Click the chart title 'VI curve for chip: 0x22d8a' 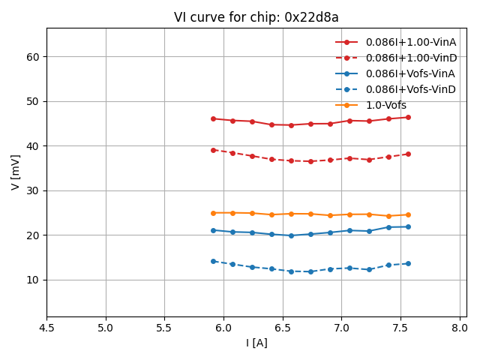(x=256, y=17)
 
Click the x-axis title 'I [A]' (x=256, y=343)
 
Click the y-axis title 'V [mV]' (x=16, y=172)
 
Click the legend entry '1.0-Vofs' (x=385, y=105)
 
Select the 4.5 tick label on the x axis (x=46, y=328)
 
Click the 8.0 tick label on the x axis (x=459, y=328)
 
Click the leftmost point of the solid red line (x=213, y=118)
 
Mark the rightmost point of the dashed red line (x=408, y=154)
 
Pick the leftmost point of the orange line (x=213, y=213)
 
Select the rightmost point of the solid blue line (x=408, y=226)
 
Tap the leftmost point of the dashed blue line (x=213, y=261)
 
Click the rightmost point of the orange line (x=408, y=214)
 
